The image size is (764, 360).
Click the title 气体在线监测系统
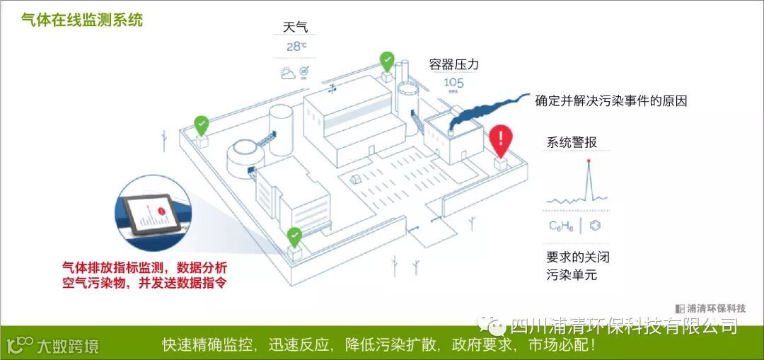pyautogui.click(x=82, y=20)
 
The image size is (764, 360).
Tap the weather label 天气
pyautogui.click(x=296, y=28)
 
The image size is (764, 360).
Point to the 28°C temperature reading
pyautogui.click(x=296, y=47)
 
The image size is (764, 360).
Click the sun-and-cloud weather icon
pyautogui.click(x=288, y=73)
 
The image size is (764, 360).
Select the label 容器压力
pyautogui.click(x=454, y=64)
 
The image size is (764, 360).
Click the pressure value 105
pyautogui.click(x=454, y=83)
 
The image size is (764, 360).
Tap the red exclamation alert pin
pyautogui.click(x=500, y=139)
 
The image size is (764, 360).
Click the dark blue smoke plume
pyautogui.click(x=488, y=110)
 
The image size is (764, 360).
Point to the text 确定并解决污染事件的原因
pyautogui.click(x=611, y=100)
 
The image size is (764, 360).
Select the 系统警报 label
pyautogui.click(x=572, y=142)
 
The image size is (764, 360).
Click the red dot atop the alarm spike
pyautogui.click(x=588, y=161)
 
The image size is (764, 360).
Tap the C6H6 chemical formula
pyautogui.click(x=561, y=226)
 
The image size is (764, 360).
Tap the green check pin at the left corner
pyautogui.click(x=202, y=125)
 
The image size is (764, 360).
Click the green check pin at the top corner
pyautogui.click(x=386, y=61)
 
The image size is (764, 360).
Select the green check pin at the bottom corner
pyautogui.click(x=294, y=236)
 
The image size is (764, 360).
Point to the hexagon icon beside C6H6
pyautogui.click(x=596, y=226)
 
